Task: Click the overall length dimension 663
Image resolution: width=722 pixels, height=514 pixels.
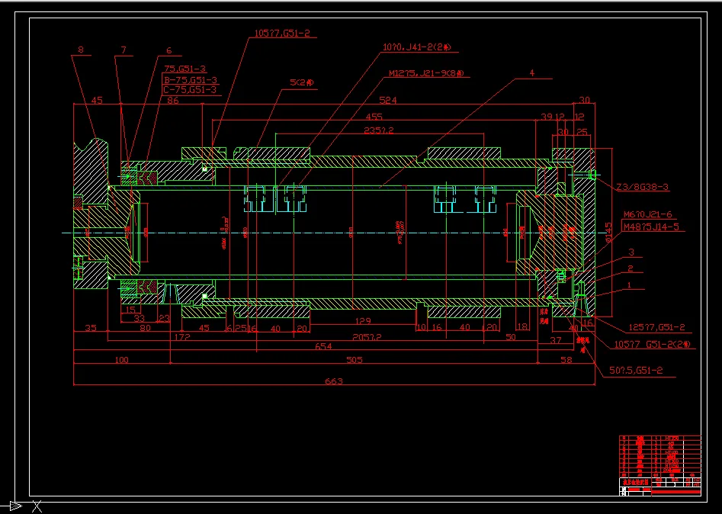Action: click(x=333, y=381)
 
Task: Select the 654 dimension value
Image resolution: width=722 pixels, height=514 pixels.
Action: click(x=324, y=347)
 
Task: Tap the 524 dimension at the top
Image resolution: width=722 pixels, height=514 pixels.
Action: click(x=388, y=100)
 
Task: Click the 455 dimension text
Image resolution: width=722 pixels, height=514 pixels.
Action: click(x=374, y=117)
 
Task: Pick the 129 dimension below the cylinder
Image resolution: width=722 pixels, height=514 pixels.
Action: click(x=363, y=321)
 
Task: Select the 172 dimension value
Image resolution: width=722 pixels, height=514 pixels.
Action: click(x=181, y=336)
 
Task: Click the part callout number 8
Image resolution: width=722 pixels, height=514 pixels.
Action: click(x=81, y=51)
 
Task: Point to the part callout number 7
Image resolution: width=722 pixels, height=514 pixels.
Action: click(x=123, y=51)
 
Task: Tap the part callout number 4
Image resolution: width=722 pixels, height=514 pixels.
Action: click(x=531, y=73)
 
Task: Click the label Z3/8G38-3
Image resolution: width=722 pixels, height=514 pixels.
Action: click(x=643, y=187)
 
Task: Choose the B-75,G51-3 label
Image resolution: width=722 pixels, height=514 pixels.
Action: click(x=191, y=79)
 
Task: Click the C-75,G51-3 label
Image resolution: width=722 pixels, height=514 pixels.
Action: click(x=191, y=90)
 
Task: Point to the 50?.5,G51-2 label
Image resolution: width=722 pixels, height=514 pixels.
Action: click(x=637, y=371)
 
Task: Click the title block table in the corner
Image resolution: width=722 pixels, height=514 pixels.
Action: click(x=659, y=464)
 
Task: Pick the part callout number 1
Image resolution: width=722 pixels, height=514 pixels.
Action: click(x=629, y=285)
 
